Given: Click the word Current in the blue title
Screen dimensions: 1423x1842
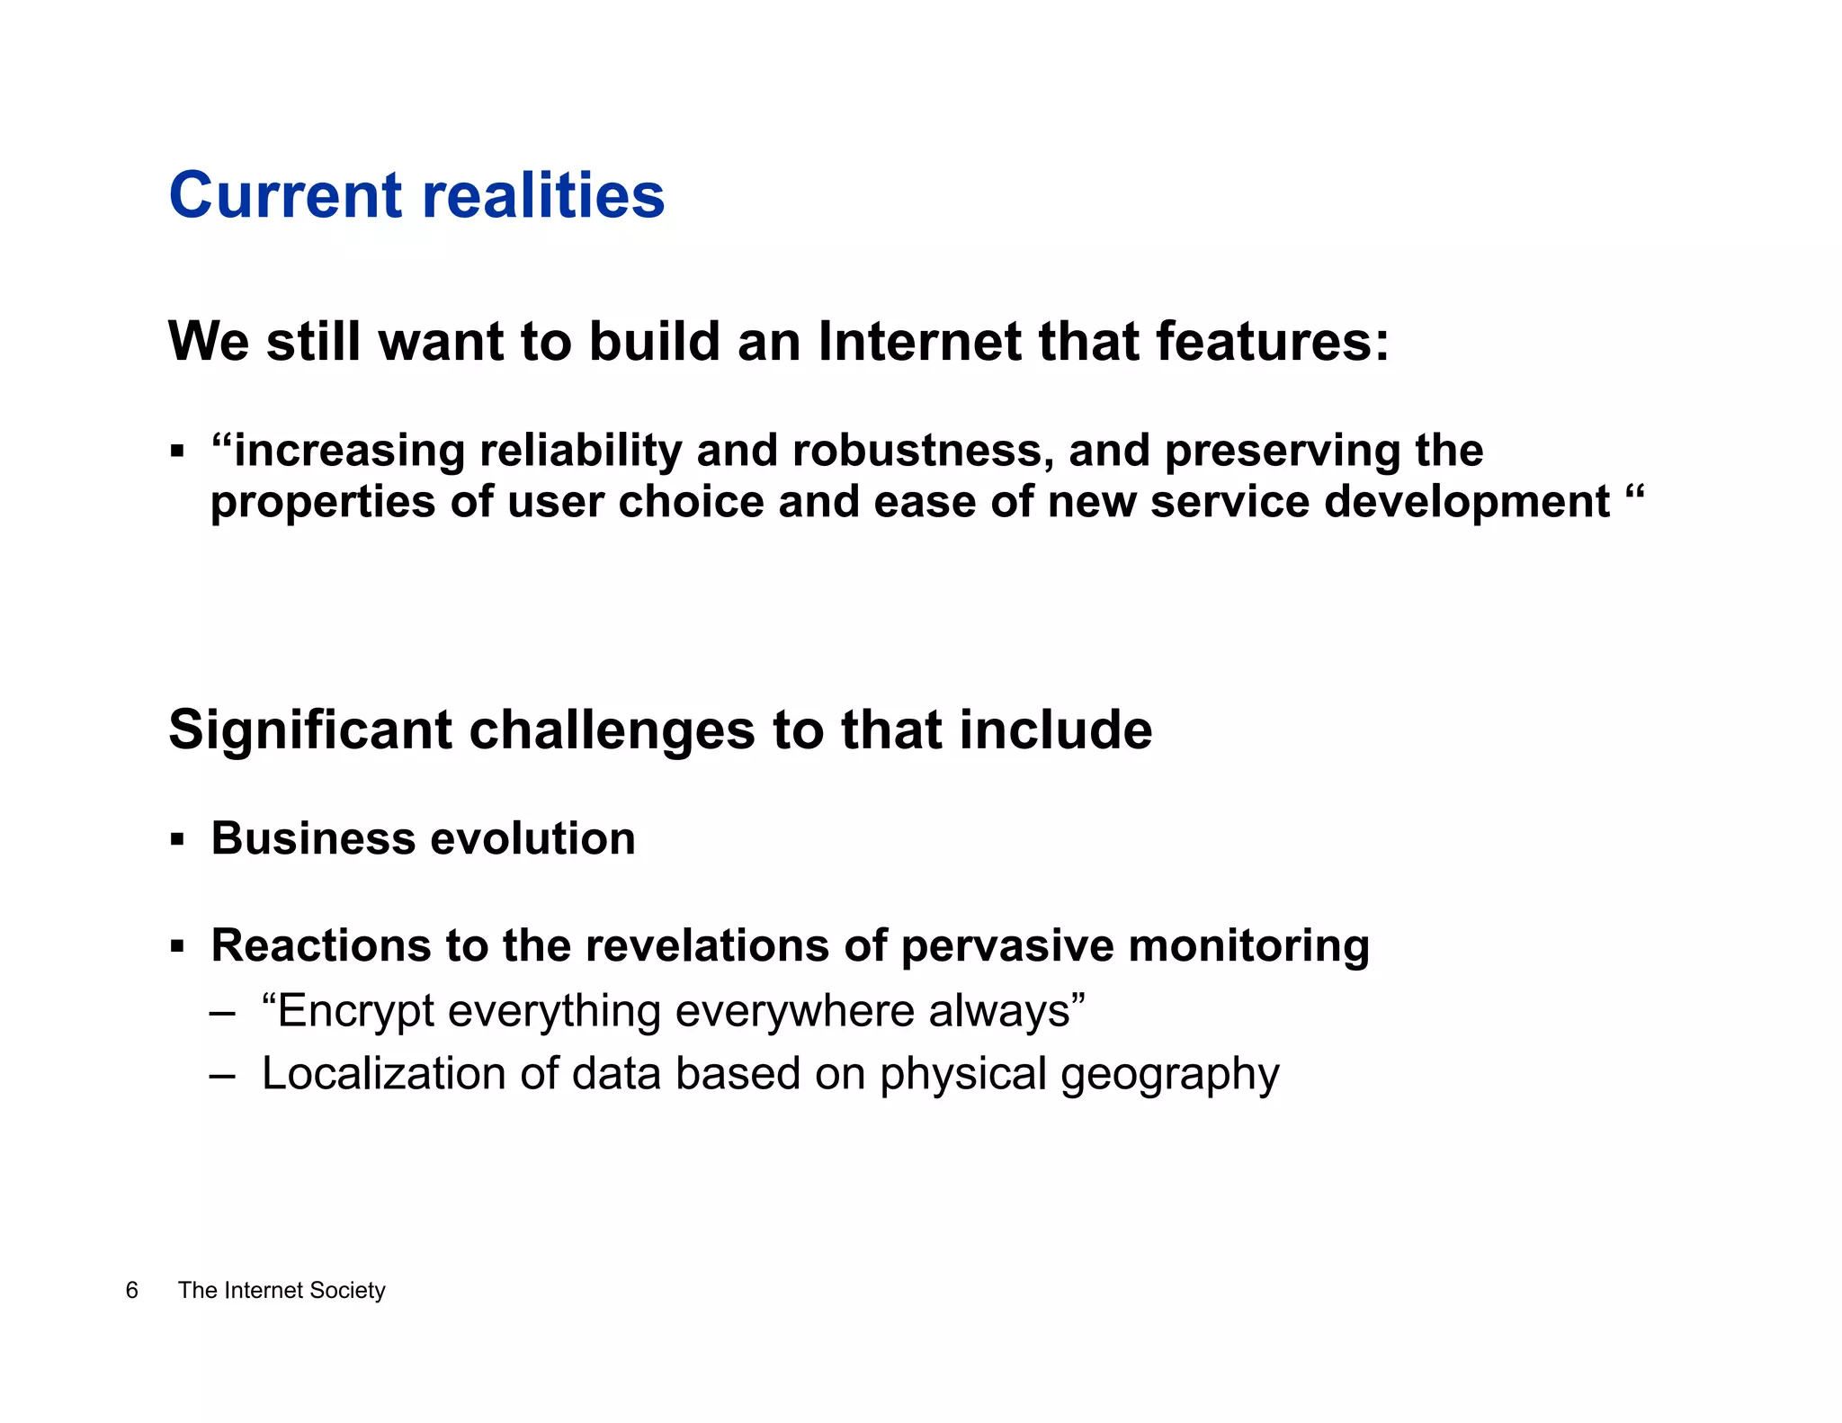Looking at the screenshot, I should pyautogui.click(x=285, y=195).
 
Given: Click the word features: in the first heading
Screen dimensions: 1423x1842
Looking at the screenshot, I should pyautogui.click(x=1272, y=342).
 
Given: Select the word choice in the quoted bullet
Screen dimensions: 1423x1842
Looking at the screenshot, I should pyautogui.click(x=690, y=501).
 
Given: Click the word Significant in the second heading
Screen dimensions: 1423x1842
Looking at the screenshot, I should pyautogui.click(x=309, y=729).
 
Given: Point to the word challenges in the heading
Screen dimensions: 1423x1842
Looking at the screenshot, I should pyautogui.click(x=612, y=729).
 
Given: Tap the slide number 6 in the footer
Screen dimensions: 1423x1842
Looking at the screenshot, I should pyautogui.click(x=132, y=1291).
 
